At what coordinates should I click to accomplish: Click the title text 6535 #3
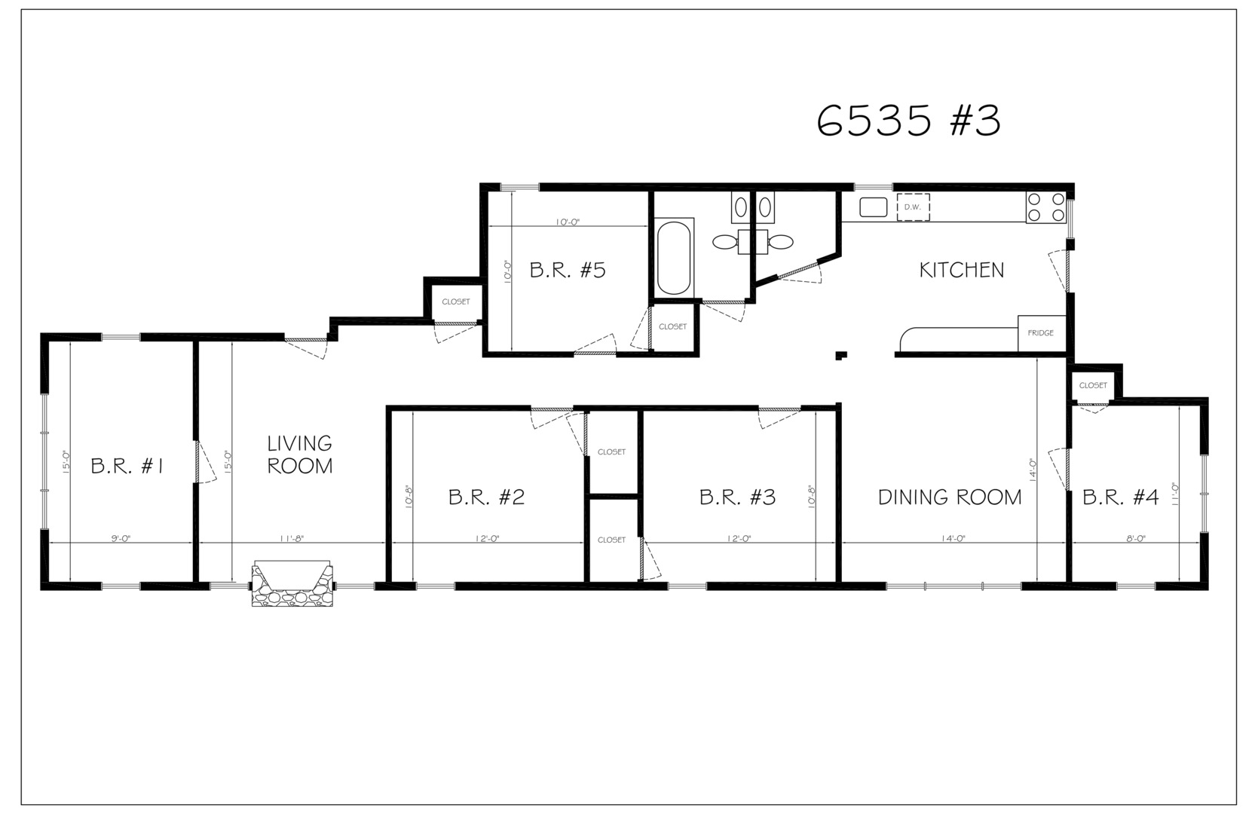(x=908, y=121)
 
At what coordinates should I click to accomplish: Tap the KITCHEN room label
(x=962, y=271)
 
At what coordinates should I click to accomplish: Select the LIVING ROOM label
(x=299, y=454)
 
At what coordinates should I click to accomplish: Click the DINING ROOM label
(x=950, y=497)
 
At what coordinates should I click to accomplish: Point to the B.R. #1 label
(x=127, y=466)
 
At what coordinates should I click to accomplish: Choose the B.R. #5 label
(x=568, y=271)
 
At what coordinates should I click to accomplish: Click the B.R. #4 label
(x=1120, y=497)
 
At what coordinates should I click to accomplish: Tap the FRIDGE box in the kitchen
(x=1042, y=333)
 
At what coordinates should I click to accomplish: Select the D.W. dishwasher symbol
(x=913, y=207)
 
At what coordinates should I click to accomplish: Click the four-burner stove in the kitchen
(x=1045, y=207)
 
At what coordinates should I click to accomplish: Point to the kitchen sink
(x=874, y=207)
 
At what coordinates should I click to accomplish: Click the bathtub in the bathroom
(x=674, y=258)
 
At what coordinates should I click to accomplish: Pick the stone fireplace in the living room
(x=292, y=583)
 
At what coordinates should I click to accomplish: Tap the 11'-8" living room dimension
(x=292, y=538)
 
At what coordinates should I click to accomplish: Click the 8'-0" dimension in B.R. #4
(x=1136, y=538)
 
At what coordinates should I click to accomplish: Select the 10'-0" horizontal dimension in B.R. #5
(x=568, y=222)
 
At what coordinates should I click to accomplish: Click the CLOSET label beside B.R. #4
(x=1093, y=385)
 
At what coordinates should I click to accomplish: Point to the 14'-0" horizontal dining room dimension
(x=953, y=538)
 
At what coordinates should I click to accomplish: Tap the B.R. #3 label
(x=737, y=497)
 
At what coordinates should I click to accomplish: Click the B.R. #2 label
(x=486, y=497)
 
